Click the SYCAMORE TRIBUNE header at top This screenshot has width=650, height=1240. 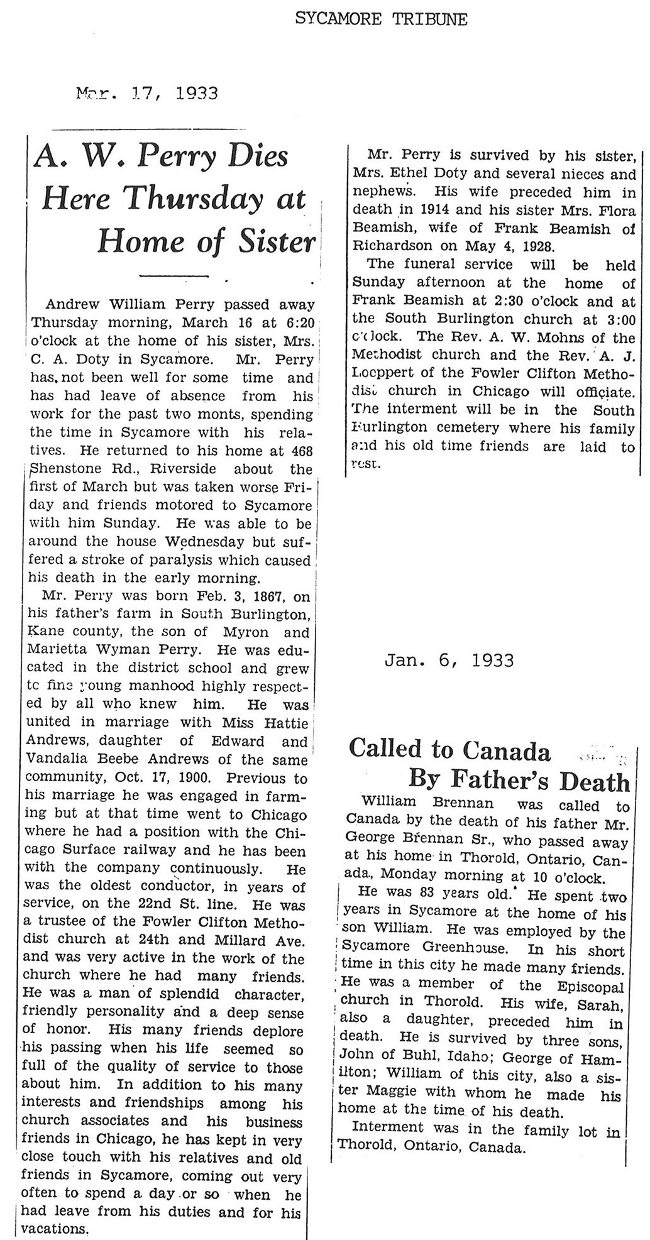coord(382,19)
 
